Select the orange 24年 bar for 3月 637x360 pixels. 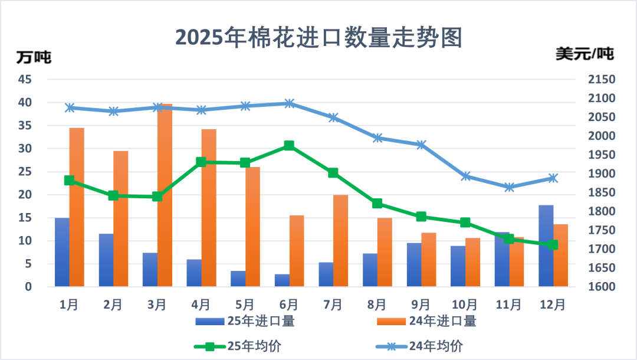[x=165, y=195]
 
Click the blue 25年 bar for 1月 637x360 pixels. [x=62, y=252]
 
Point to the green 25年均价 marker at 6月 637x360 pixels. [x=289, y=145]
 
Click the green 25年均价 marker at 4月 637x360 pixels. [x=201, y=162]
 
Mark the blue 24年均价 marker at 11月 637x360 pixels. [x=510, y=187]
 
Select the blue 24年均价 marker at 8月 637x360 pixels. [x=377, y=138]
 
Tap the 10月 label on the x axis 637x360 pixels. [x=465, y=305]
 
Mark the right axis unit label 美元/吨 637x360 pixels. [x=585, y=54]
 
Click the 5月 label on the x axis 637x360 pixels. [x=245, y=305]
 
